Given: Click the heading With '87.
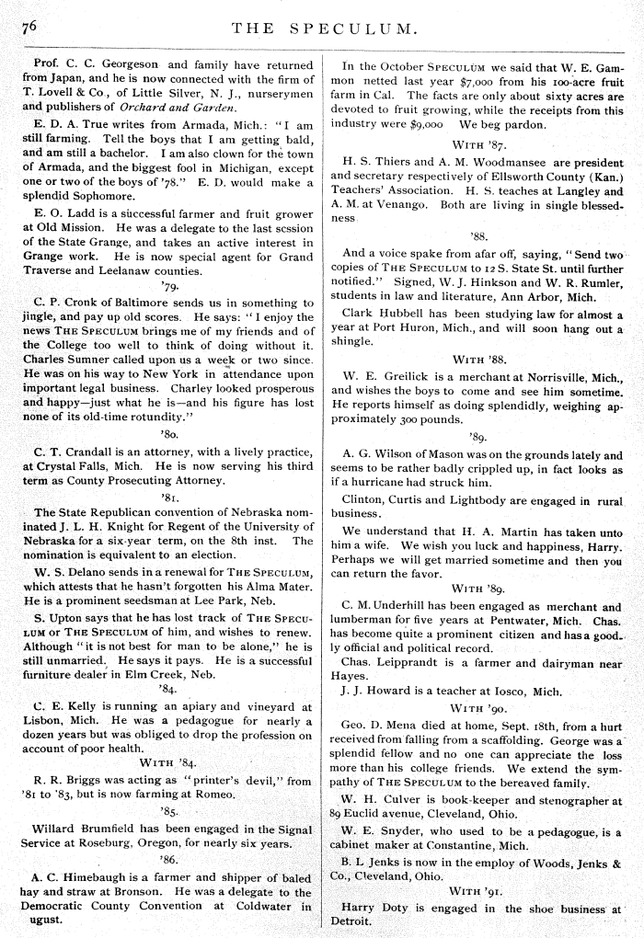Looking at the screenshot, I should (479, 144).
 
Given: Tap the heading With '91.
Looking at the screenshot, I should (479, 890).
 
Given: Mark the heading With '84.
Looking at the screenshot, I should (169, 761).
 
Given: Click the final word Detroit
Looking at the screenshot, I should (352, 920).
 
